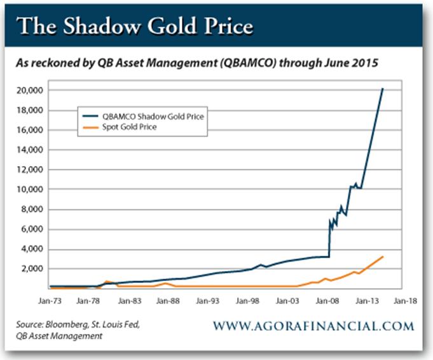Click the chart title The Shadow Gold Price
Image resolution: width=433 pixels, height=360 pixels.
point(135,27)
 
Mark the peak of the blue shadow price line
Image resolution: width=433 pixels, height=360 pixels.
point(382,89)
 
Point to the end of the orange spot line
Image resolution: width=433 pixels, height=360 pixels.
point(383,256)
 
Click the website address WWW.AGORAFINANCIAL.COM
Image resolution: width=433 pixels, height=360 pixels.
point(313,326)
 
